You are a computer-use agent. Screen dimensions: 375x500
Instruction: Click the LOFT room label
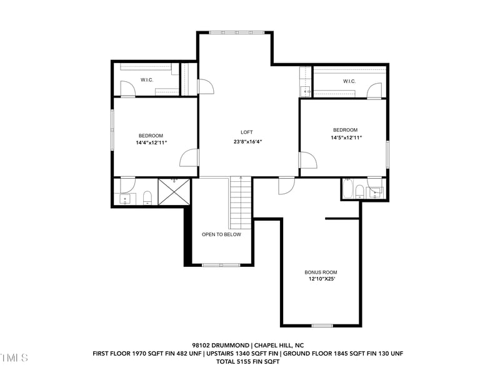point(247,132)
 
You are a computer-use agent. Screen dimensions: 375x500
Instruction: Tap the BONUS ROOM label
point(321,272)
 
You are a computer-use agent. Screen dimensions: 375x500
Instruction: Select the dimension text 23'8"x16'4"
point(247,141)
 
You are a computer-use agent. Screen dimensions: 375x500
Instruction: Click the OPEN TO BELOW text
point(221,234)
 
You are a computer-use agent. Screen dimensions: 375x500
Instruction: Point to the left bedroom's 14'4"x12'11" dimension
point(151,142)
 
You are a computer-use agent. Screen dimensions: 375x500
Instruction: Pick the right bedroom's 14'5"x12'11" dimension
point(346,137)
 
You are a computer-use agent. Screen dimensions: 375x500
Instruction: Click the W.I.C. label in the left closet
point(147,79)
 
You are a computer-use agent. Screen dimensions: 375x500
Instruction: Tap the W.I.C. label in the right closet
point(349,81)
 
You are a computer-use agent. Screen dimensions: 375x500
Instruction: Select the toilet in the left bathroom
point(147,199)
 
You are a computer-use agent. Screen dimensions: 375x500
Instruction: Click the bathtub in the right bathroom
point(348,188)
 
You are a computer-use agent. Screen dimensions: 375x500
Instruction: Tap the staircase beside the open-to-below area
point(241,202)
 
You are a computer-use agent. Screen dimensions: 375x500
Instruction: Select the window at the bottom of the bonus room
point(322,325)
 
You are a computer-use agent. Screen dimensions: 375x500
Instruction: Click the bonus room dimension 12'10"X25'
point(321,279)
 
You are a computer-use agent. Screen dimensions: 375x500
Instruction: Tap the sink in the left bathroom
point(125,199)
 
